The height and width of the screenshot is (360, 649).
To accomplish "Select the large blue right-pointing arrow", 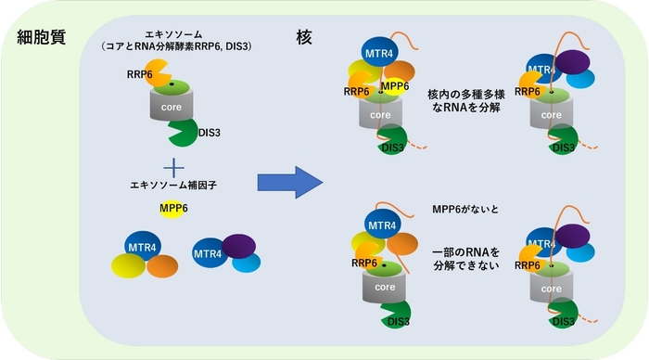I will point(287,178).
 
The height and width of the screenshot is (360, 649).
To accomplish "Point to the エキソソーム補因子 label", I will point(172,186).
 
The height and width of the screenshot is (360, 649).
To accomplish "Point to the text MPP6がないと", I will point(464,210).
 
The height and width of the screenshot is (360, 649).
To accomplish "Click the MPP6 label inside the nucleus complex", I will point(395,87).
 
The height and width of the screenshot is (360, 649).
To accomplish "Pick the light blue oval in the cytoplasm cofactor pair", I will point(246,264).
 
